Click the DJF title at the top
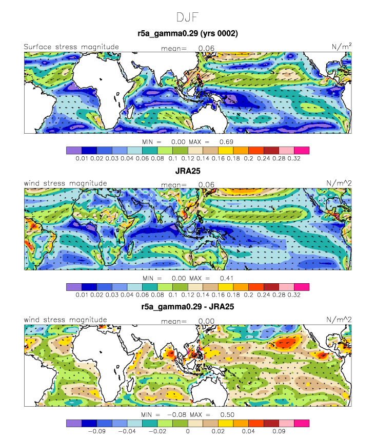[188, 17]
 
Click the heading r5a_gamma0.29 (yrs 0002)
[188, 33]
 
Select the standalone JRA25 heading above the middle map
[188, 171]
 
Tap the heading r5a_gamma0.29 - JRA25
[188, 307]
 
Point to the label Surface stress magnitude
[71, 47]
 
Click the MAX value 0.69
[226, 142]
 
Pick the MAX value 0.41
[226, 278]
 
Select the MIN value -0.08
[176, 415]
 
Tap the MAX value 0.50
[227, 415]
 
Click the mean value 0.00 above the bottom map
[206, 321]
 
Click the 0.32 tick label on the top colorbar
[294, 159]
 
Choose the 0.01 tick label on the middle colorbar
[82, 295]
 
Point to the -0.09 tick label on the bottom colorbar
[96, 431]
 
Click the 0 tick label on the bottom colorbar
[188, 431]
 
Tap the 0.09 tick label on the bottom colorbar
[279, 431]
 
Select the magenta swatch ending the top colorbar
[302, 151]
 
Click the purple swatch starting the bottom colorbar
[74, 423]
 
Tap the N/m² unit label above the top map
[341, 46]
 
